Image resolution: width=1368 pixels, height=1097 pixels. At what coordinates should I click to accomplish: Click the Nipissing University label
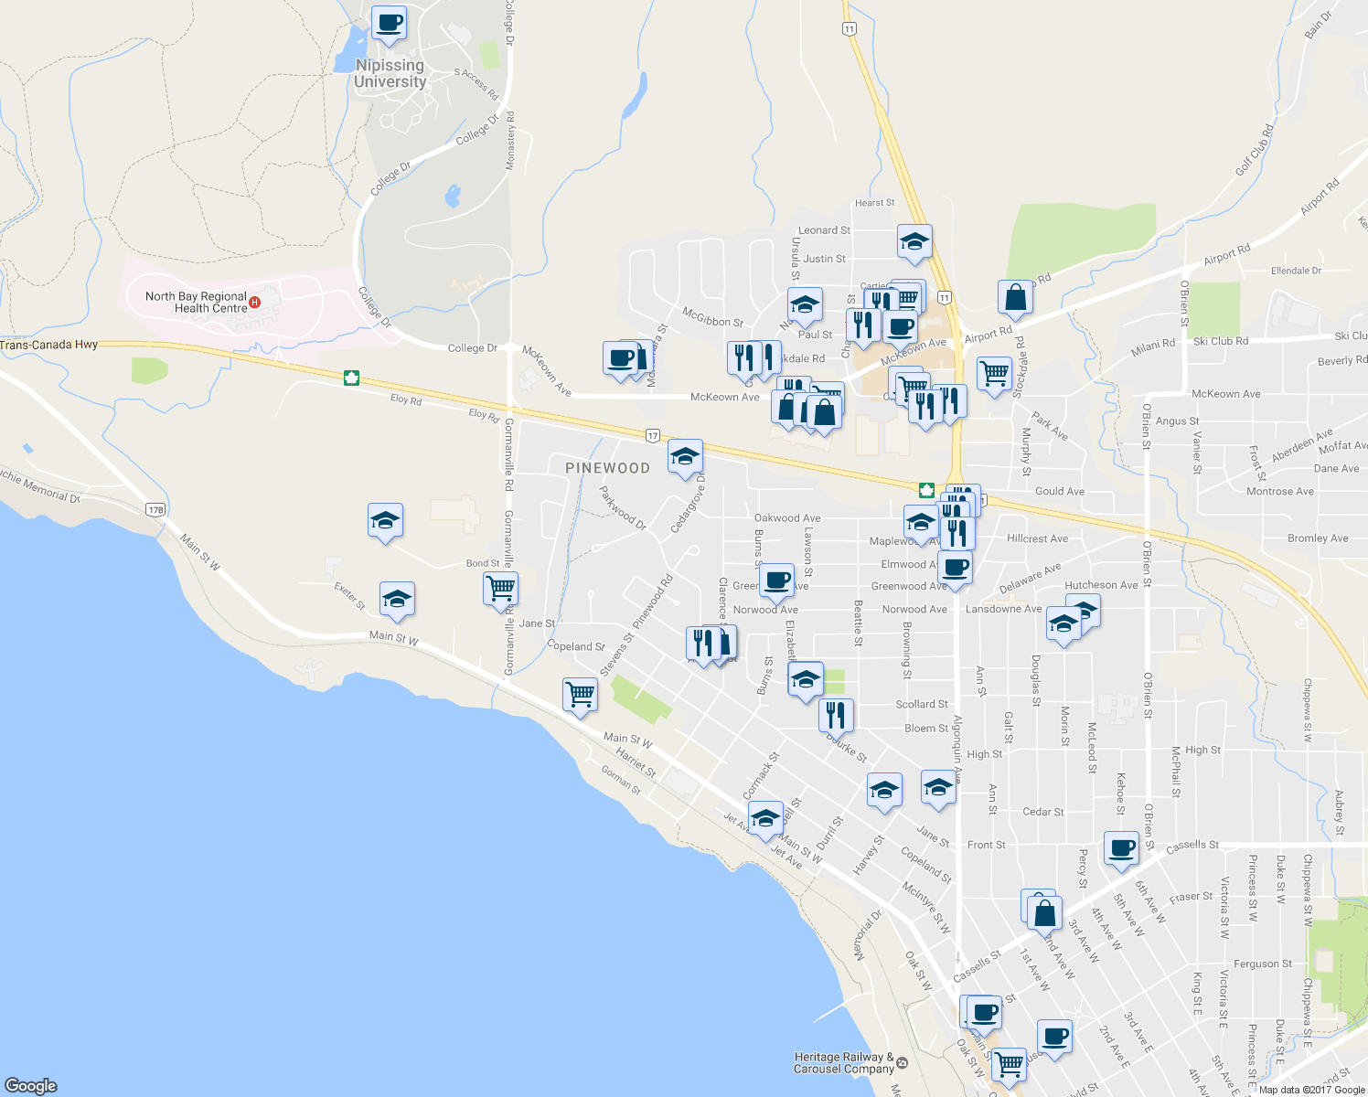[390, 73]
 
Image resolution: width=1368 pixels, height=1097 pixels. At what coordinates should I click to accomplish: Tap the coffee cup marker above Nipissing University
[389, 23]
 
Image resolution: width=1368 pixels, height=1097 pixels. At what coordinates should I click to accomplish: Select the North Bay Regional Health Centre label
[196, 302]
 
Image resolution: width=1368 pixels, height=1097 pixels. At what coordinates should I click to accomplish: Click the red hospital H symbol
[255, 302]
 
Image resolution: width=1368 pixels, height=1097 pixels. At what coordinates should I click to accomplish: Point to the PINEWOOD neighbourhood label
[607, 468]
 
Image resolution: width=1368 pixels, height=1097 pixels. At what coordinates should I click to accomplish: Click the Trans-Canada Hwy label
[49, 345]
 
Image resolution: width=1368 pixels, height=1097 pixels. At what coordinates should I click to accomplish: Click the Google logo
[31, 1085]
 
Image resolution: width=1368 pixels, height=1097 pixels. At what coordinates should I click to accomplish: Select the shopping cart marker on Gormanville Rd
[500, 588]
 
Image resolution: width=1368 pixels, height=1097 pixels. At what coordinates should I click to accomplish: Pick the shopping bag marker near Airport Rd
[1015, 296]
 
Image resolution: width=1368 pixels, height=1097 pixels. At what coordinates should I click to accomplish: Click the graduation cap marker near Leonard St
[914, 241]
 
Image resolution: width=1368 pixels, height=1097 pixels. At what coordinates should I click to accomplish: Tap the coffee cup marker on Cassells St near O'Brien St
[1121, 847]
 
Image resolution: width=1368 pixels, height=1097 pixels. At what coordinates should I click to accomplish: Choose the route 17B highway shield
[155, 510]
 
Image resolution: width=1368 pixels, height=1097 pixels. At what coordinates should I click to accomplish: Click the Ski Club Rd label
[1220, 341]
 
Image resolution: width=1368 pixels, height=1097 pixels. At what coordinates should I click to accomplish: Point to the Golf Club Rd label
[1254, 150]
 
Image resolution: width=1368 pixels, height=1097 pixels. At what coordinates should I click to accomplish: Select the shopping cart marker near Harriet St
[580, 694]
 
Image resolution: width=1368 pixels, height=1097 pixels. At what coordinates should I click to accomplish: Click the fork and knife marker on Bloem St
[836, 714]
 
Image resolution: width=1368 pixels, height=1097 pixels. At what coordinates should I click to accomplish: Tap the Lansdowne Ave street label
[1003, 609]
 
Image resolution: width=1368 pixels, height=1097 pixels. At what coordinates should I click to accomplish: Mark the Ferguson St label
[1262, 964]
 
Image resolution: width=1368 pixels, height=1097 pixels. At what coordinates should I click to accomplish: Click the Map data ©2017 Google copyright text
[1311, 1090]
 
